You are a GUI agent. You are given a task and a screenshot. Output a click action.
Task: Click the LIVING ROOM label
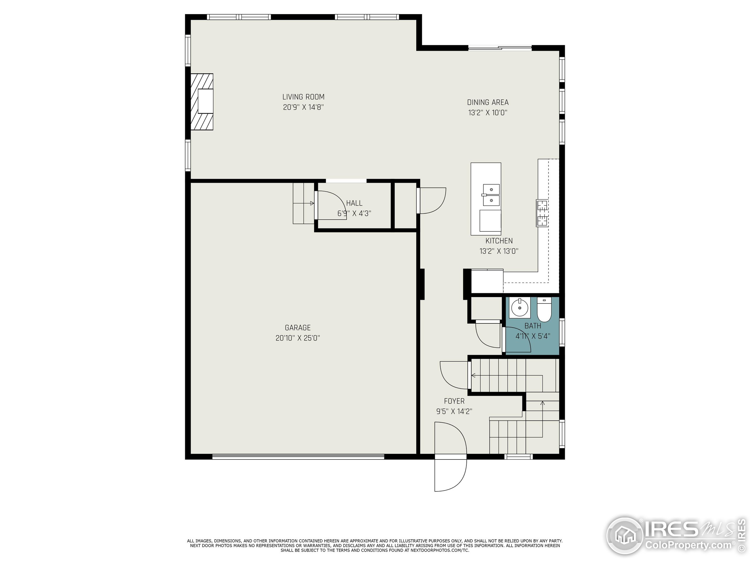pyautogui.click(x=303, y=97)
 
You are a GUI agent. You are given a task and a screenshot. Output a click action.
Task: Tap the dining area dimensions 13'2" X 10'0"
pyautogui.click(x=487, y=113)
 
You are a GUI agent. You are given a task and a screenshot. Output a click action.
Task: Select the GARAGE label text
pyautogui.click(x=297, y=328)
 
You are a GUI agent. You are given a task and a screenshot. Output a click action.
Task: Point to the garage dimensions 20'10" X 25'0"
pyautogui.click(x=297, y=338)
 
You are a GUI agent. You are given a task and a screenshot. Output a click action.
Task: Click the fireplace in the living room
pyautogui.click(x=202, y=101)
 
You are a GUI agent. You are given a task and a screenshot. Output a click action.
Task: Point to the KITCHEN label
pyautogui.click(x=499, y=241)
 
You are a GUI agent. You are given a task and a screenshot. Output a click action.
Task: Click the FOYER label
pyautogui.click(x=454, y=401)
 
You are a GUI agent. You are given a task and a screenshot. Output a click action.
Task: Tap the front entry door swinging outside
pyautogui.click(x=450, y=475)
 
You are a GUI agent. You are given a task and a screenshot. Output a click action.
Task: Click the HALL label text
pyautogui.click(x=354, y=203)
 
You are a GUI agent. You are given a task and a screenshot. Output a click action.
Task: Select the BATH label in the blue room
pyautogui.click(x=533, y=326)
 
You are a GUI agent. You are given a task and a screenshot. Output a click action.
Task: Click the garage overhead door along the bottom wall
pyautogui.click(x=298, y=457)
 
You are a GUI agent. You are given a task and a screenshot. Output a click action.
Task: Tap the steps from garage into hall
pyautogui.click(x=304, y=203)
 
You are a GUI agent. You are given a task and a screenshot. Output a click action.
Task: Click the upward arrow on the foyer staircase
pyautogui.click(x=543, y=403)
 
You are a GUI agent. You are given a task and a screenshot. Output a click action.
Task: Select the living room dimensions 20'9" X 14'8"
pyautogui.click(x=303, y=108)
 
